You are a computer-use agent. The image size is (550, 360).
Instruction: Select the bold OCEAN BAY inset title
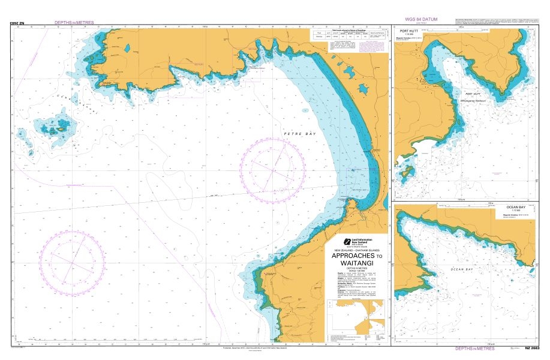(x=515, y=207)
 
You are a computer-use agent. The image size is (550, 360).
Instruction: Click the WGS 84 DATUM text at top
(x=422, y=20)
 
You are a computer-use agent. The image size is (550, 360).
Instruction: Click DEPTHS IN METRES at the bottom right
(x=474, y=349)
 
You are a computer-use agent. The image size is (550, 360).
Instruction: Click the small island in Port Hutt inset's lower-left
(x=408, y=173)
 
